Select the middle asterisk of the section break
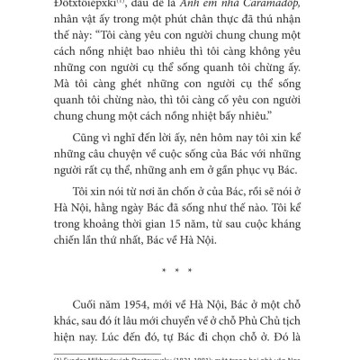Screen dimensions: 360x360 [179, 268]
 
